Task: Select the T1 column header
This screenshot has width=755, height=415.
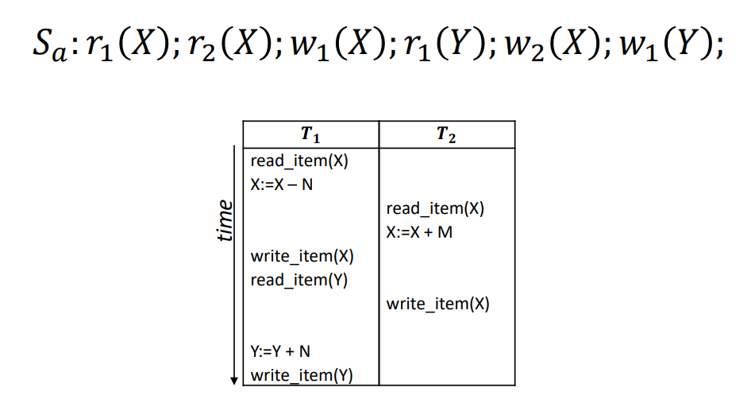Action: pyautogui.click(x=310, y=135)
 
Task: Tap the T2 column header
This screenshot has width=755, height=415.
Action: pyautogui.click(x=447, y=135)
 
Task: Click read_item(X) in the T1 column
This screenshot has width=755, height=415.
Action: pyautogui.click(x=299, y=161)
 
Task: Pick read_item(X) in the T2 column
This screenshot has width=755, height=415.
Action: pyautogui.click(x=435, y=208)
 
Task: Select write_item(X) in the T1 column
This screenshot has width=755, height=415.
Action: pyautogui.click(x=302, y=256)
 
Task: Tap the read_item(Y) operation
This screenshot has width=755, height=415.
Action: pyautogui.click(x=299, y=280)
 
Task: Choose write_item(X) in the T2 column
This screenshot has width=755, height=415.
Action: pyautogui.click(x=437, y=304)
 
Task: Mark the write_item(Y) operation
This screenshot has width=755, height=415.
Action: pyautogui.click(x=302, y=375)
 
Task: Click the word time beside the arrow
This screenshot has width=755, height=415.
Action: pyautogui.click(x=225, y=220)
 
